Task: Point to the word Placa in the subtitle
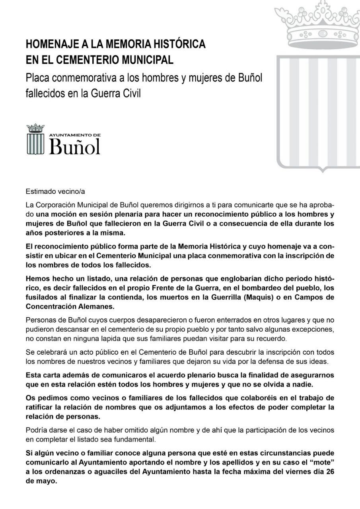point(37,77)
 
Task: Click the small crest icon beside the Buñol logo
point(35,139)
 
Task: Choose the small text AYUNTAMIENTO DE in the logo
point(75,135)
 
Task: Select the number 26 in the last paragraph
point(330,471)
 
